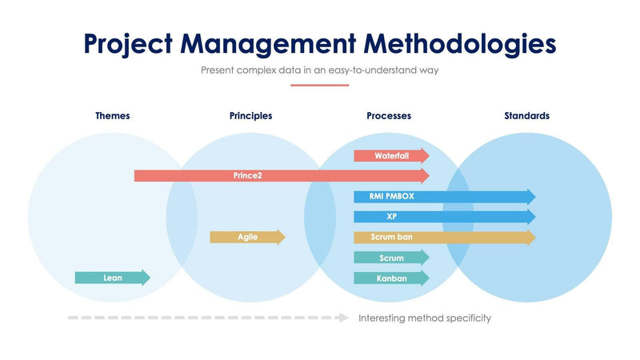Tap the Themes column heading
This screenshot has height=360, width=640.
click(x=112, y=116)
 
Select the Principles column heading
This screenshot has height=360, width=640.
click(x=250, y=116)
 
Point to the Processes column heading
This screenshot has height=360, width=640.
click(x=389, y=116)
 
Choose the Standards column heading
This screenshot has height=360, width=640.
click(x=526, y=116)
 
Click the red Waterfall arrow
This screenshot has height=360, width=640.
click(x=391, y=156)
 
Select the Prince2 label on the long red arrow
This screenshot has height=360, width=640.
click(x=247, y=175)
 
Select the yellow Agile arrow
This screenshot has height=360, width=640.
click(x=247, y=238)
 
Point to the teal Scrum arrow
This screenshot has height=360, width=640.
click(x=391, y=258)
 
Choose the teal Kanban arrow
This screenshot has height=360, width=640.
click(x=391, y=278)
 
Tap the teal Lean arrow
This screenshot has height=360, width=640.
click(x=112, y=278)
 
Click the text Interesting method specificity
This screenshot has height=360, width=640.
click(x=424, y=318)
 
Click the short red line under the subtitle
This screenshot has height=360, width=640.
click(x=319, y=85)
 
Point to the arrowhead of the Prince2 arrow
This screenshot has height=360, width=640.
click(x=424, y=175)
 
